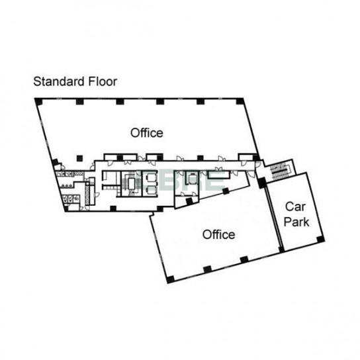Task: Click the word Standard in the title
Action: [59, 81]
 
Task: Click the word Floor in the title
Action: [103, 81]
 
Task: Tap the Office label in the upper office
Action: [147, 133]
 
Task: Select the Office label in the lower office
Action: [218, 235]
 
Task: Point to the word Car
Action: [295, 206]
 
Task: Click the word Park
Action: [296, 222]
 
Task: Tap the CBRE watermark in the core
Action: [181, 181]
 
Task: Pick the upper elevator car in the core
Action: [151, 177]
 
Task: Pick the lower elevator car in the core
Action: [151, 191]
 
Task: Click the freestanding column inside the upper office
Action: [79, 158]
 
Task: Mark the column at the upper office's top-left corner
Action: [39, 101]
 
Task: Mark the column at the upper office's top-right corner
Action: [240, 101]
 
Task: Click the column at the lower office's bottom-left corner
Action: [170, 279]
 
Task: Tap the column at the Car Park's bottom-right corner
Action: [320, 240]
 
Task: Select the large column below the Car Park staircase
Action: [262, 183]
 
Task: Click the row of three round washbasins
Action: [66, 185]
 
